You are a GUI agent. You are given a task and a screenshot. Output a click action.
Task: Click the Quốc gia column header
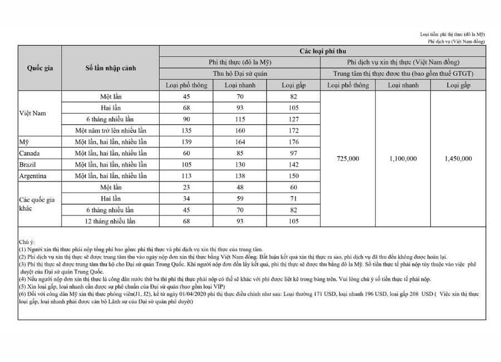(x=40, y=69)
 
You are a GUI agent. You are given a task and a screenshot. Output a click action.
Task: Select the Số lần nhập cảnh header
(x=110, y=69)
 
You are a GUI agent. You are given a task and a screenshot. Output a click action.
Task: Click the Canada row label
(x=30, y=153)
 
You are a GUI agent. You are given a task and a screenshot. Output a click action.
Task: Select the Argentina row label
(x=32, y=176)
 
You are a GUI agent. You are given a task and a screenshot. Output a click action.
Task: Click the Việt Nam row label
(x=32, y=114)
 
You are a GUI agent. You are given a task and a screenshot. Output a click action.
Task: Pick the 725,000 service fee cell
(x=348, y=159)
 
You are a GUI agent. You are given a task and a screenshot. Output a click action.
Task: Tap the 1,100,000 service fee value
(x=403, y=159)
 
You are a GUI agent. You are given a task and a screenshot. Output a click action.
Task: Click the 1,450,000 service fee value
(x=458, y=159)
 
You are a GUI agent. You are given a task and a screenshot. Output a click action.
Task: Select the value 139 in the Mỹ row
(x=186, y=142)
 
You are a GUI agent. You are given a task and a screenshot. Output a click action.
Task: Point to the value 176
(x=294, y=142)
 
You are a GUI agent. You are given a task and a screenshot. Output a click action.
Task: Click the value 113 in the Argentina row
(x=186, y=176)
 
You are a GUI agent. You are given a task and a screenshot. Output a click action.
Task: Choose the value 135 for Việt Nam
(x=186, y=130)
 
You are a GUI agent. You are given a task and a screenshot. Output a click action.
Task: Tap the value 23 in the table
(x=186, y=187)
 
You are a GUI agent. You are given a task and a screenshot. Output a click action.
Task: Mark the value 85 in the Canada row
(x=240, y=153)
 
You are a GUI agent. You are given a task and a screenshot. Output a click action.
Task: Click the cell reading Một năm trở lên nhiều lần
(x=110, y=130)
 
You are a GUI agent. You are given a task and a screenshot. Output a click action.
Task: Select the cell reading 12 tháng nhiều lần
(x=110, y=221)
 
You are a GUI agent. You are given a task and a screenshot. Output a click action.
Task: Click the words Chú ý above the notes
(x=27, y=242)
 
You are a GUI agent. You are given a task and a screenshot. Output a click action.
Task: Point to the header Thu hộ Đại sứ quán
(x=240, y=74)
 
